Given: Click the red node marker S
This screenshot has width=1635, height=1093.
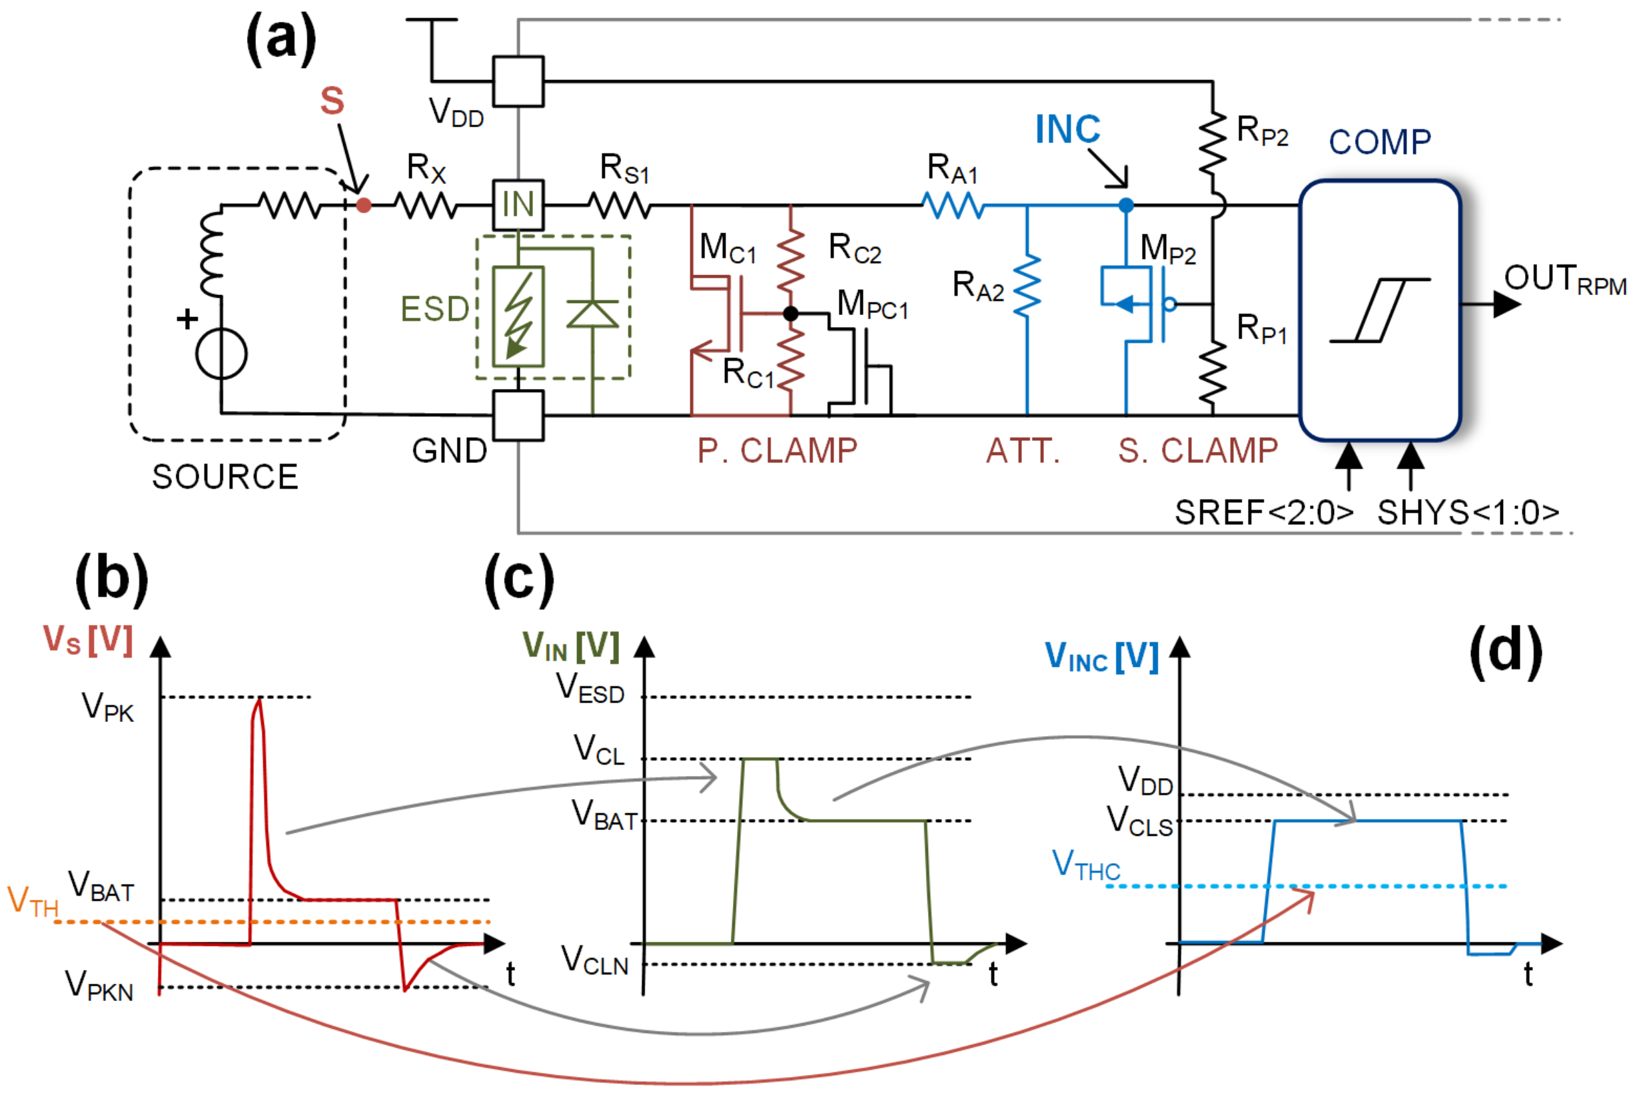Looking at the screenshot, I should click(x=363, y=205).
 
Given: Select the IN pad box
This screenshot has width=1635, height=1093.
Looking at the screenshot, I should click(x=518, y=205).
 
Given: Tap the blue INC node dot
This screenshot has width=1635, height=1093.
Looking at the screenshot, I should click(x=1125, y=205).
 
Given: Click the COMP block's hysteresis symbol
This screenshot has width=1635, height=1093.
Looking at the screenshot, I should click(x=1379, y=310).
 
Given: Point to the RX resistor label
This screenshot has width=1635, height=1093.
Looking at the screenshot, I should click(x=426, y=169).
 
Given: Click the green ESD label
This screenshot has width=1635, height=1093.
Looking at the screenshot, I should click(x=434, y=310).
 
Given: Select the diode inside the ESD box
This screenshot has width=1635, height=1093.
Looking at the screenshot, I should click(x=592, y=314).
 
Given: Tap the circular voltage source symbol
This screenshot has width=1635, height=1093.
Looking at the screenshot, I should click(x=221, y=354).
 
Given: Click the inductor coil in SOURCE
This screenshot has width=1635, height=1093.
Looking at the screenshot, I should click(x=211, y=254).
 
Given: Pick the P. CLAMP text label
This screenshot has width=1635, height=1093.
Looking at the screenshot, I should click(x=777, y=451).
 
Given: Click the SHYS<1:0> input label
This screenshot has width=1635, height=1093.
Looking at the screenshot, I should click(x=1468, y=513).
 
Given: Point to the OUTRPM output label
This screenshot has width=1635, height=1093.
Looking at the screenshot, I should click(x=1564, y=280).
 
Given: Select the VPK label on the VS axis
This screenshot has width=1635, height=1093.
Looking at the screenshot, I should click(x=107, y=707).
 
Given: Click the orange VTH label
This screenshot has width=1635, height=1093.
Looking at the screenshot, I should click(x=32, y=901).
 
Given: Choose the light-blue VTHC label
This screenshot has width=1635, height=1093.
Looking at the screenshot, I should click(x=1085, y=865).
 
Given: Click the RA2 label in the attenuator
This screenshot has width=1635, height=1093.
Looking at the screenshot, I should click(x=977, y=286).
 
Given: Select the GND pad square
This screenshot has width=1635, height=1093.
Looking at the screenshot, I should click(x=518, y=416).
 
